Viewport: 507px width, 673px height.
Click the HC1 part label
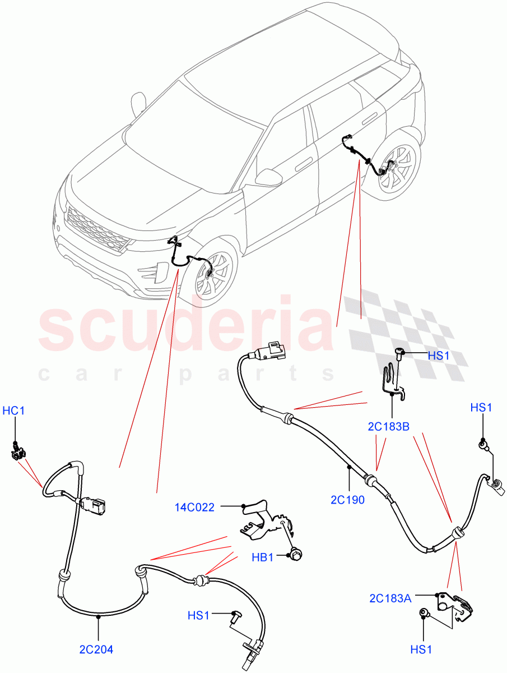pyautogui.click(x=14, y=411)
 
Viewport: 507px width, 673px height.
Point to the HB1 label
pyautogui.click(x=262, y=557)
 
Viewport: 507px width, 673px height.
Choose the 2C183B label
pyautogui.click(x=389, y=426)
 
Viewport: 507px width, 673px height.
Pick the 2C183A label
pyautogui.click(x=390, y=598)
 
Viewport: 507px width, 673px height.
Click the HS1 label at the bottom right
pyautogui.click(x=421, y=650)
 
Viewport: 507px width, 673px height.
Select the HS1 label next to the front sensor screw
pyautogui.click(x=198, y=616)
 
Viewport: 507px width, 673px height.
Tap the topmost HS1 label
pyautogui.click(x=439, y=356)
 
